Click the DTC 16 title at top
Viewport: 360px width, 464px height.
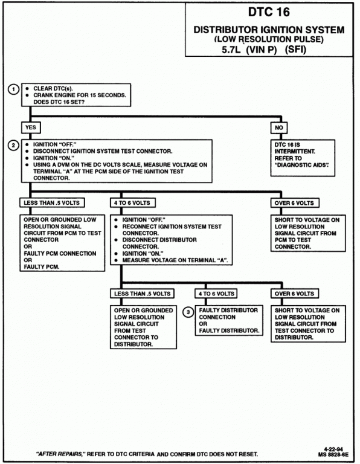[269, 12]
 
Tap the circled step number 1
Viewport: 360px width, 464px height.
[13, 89]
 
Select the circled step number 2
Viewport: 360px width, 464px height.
[13, 145]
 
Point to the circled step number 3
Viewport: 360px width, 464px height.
[188, 312]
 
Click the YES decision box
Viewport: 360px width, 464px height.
[31, 127]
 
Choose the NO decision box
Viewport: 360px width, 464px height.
[279, 127]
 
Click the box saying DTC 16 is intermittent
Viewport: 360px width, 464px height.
[303, 158]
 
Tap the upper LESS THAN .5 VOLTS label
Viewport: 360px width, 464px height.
[52, 203]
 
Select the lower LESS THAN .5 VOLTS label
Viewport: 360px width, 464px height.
[143, 294]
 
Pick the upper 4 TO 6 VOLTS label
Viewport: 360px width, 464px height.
[132, 203]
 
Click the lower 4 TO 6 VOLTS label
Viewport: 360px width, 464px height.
[216, 294]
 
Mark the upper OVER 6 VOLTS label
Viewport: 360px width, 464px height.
[295, 203]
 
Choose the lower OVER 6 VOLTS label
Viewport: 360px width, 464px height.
[295, 294]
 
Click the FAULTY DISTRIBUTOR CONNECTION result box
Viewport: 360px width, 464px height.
[229, 320]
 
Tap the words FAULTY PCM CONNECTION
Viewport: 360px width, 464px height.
[60, 254]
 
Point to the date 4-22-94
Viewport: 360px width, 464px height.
[333, 449]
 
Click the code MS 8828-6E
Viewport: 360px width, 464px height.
[333, 454]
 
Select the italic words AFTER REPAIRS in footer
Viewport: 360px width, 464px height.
[59, 454]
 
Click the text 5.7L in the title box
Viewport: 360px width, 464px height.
[231, 50]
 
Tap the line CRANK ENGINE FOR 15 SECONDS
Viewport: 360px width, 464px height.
[80, 95]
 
